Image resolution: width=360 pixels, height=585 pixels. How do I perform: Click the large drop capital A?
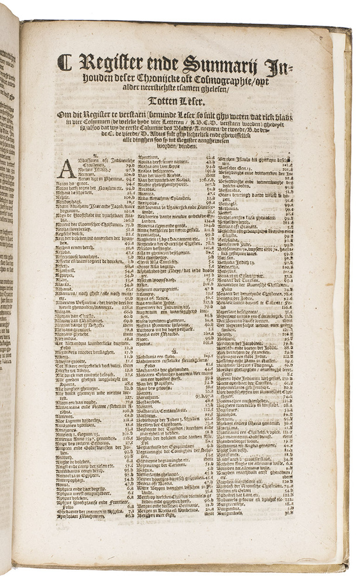pyautogui.click(x=67, y=169)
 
